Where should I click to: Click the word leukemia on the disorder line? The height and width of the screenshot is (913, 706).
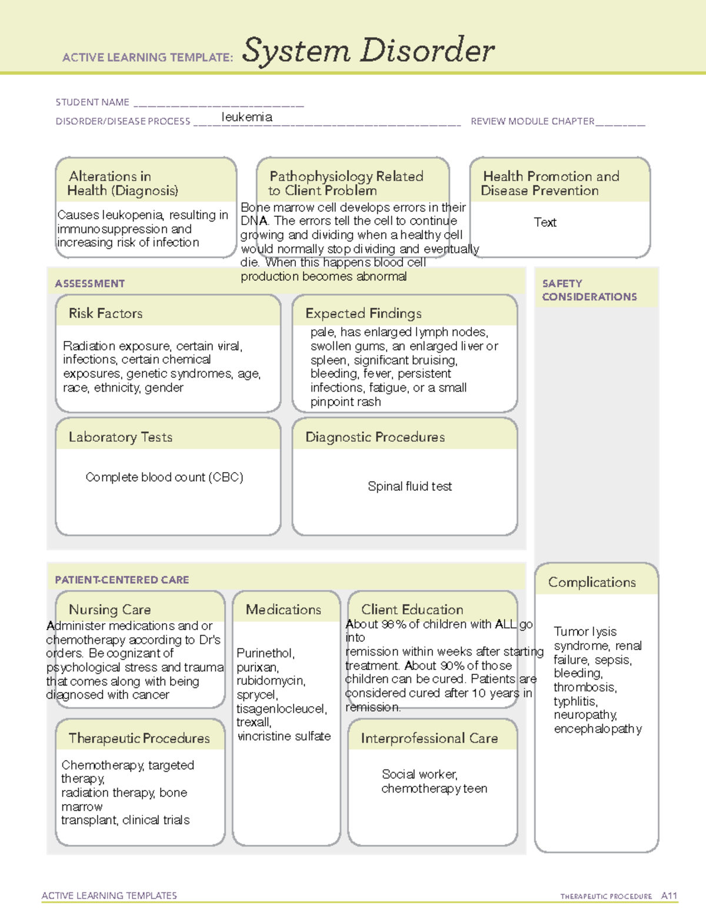click(247, 117)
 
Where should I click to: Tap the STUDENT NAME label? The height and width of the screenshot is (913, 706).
click(92, 102)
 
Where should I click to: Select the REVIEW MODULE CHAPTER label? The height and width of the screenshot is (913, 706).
click(532, 121)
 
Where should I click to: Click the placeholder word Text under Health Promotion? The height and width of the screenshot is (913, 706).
click(545, 222)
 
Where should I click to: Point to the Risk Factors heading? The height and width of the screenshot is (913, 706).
click(105, 313)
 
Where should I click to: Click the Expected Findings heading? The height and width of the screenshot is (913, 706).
click(363, 313)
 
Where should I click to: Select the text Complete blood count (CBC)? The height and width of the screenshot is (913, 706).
click(164, 477)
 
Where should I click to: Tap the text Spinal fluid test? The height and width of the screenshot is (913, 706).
click(409, 486)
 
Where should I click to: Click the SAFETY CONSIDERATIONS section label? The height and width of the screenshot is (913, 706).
click(589, 290)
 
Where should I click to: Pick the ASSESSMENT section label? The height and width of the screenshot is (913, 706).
click(90, 283)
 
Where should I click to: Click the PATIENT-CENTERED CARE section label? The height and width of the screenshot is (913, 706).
click(122, 580)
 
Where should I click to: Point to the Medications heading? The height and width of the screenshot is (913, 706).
click(283, 610)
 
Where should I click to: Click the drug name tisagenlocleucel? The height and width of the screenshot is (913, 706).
click(281, 708)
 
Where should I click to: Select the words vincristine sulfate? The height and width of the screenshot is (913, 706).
click(284, 736)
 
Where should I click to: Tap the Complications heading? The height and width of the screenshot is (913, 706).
click(592, 582)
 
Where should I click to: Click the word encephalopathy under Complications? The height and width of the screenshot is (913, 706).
click(598, 729)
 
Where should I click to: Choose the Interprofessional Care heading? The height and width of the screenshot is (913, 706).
click(429, 738)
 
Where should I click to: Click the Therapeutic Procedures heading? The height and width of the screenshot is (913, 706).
click(139, 738)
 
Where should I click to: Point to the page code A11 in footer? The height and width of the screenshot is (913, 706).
click(669, 896)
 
